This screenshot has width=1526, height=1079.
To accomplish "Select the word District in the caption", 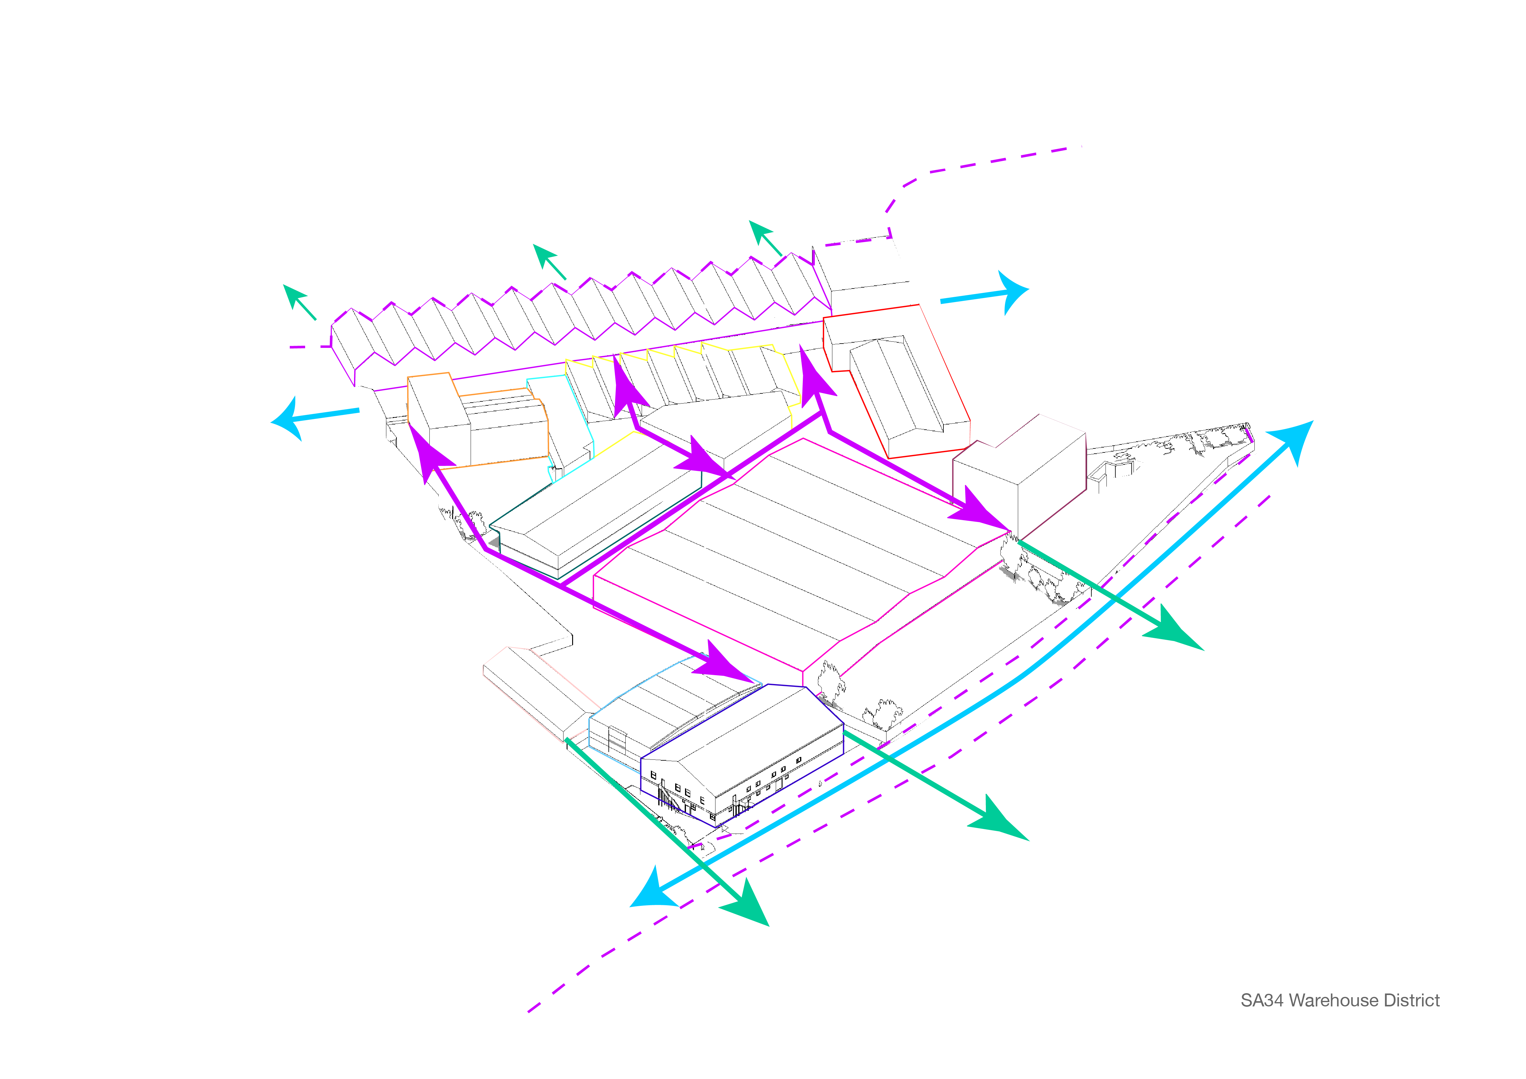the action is tap(1414, 1001).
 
